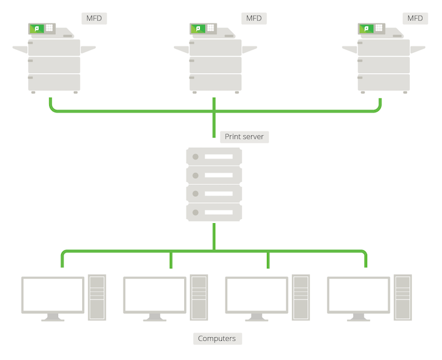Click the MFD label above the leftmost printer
click(94, 18)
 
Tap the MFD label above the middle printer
click(254, 18)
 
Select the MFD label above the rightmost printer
click(415, 18)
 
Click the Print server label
click(243, 137)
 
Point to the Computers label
click(217, 338)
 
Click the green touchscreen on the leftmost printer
click(37, 28)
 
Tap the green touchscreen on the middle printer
click(198, 28)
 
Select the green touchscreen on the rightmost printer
click(366, 28)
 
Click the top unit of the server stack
click(214, 157)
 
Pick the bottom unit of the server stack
click(214, 212)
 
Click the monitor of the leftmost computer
click(53, 294)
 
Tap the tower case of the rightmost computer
click(403, 296)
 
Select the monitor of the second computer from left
click(155, 294)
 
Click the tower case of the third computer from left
click(301, 296)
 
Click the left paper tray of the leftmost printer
click(20, 50)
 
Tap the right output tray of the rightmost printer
click(417, 49)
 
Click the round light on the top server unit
click(196, 157)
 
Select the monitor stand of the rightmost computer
click(359, 317)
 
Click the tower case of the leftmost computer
click(97, 296)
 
